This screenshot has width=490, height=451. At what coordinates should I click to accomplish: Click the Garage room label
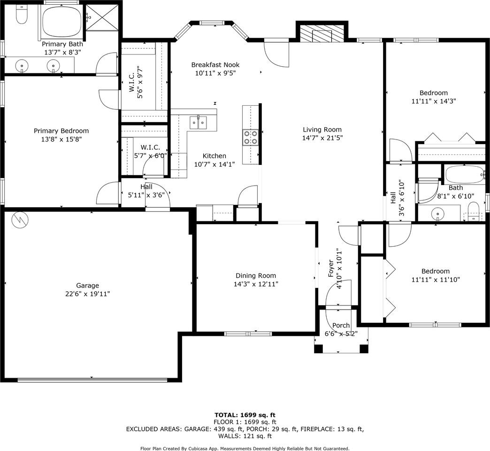pyautogui.click(x=87, y=286)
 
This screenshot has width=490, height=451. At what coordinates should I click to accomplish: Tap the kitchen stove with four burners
pyautogui.click(x=251, y=138)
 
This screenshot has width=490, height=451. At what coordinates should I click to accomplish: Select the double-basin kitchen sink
pyautogui.click(x=198, y=122)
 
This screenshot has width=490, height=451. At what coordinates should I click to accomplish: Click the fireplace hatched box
pyautogui.click(x=322, y=33)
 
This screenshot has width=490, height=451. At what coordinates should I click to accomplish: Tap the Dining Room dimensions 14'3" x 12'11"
pyautogui.click(x=256, y=284)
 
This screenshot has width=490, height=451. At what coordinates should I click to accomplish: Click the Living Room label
pyautogui.click(x=322, y=130)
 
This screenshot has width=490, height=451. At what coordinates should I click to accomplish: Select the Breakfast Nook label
pyautogui.click(x=215, y=65)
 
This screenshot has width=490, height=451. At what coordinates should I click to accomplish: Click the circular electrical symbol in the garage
pyautogui.click(x=20, y=220)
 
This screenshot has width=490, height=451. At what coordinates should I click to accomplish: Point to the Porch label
pyautogui.click(x=341, y=325)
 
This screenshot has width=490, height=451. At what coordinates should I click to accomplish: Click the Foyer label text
pyautogui.click(x=330, y=269)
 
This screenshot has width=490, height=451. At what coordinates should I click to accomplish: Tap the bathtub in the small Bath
pyautogui.click(x=465, y=174)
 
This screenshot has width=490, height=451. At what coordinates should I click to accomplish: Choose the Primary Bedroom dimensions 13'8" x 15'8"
pyautogui.click(x=61, y=139)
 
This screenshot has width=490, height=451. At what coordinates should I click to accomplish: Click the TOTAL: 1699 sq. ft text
pyautogui.click(x=245, y=415)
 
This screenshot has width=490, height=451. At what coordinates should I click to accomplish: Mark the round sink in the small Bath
pyautogui.click(x=437, y=214)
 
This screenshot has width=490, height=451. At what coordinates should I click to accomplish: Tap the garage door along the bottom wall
pyautogui.click(x=92, y=380)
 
